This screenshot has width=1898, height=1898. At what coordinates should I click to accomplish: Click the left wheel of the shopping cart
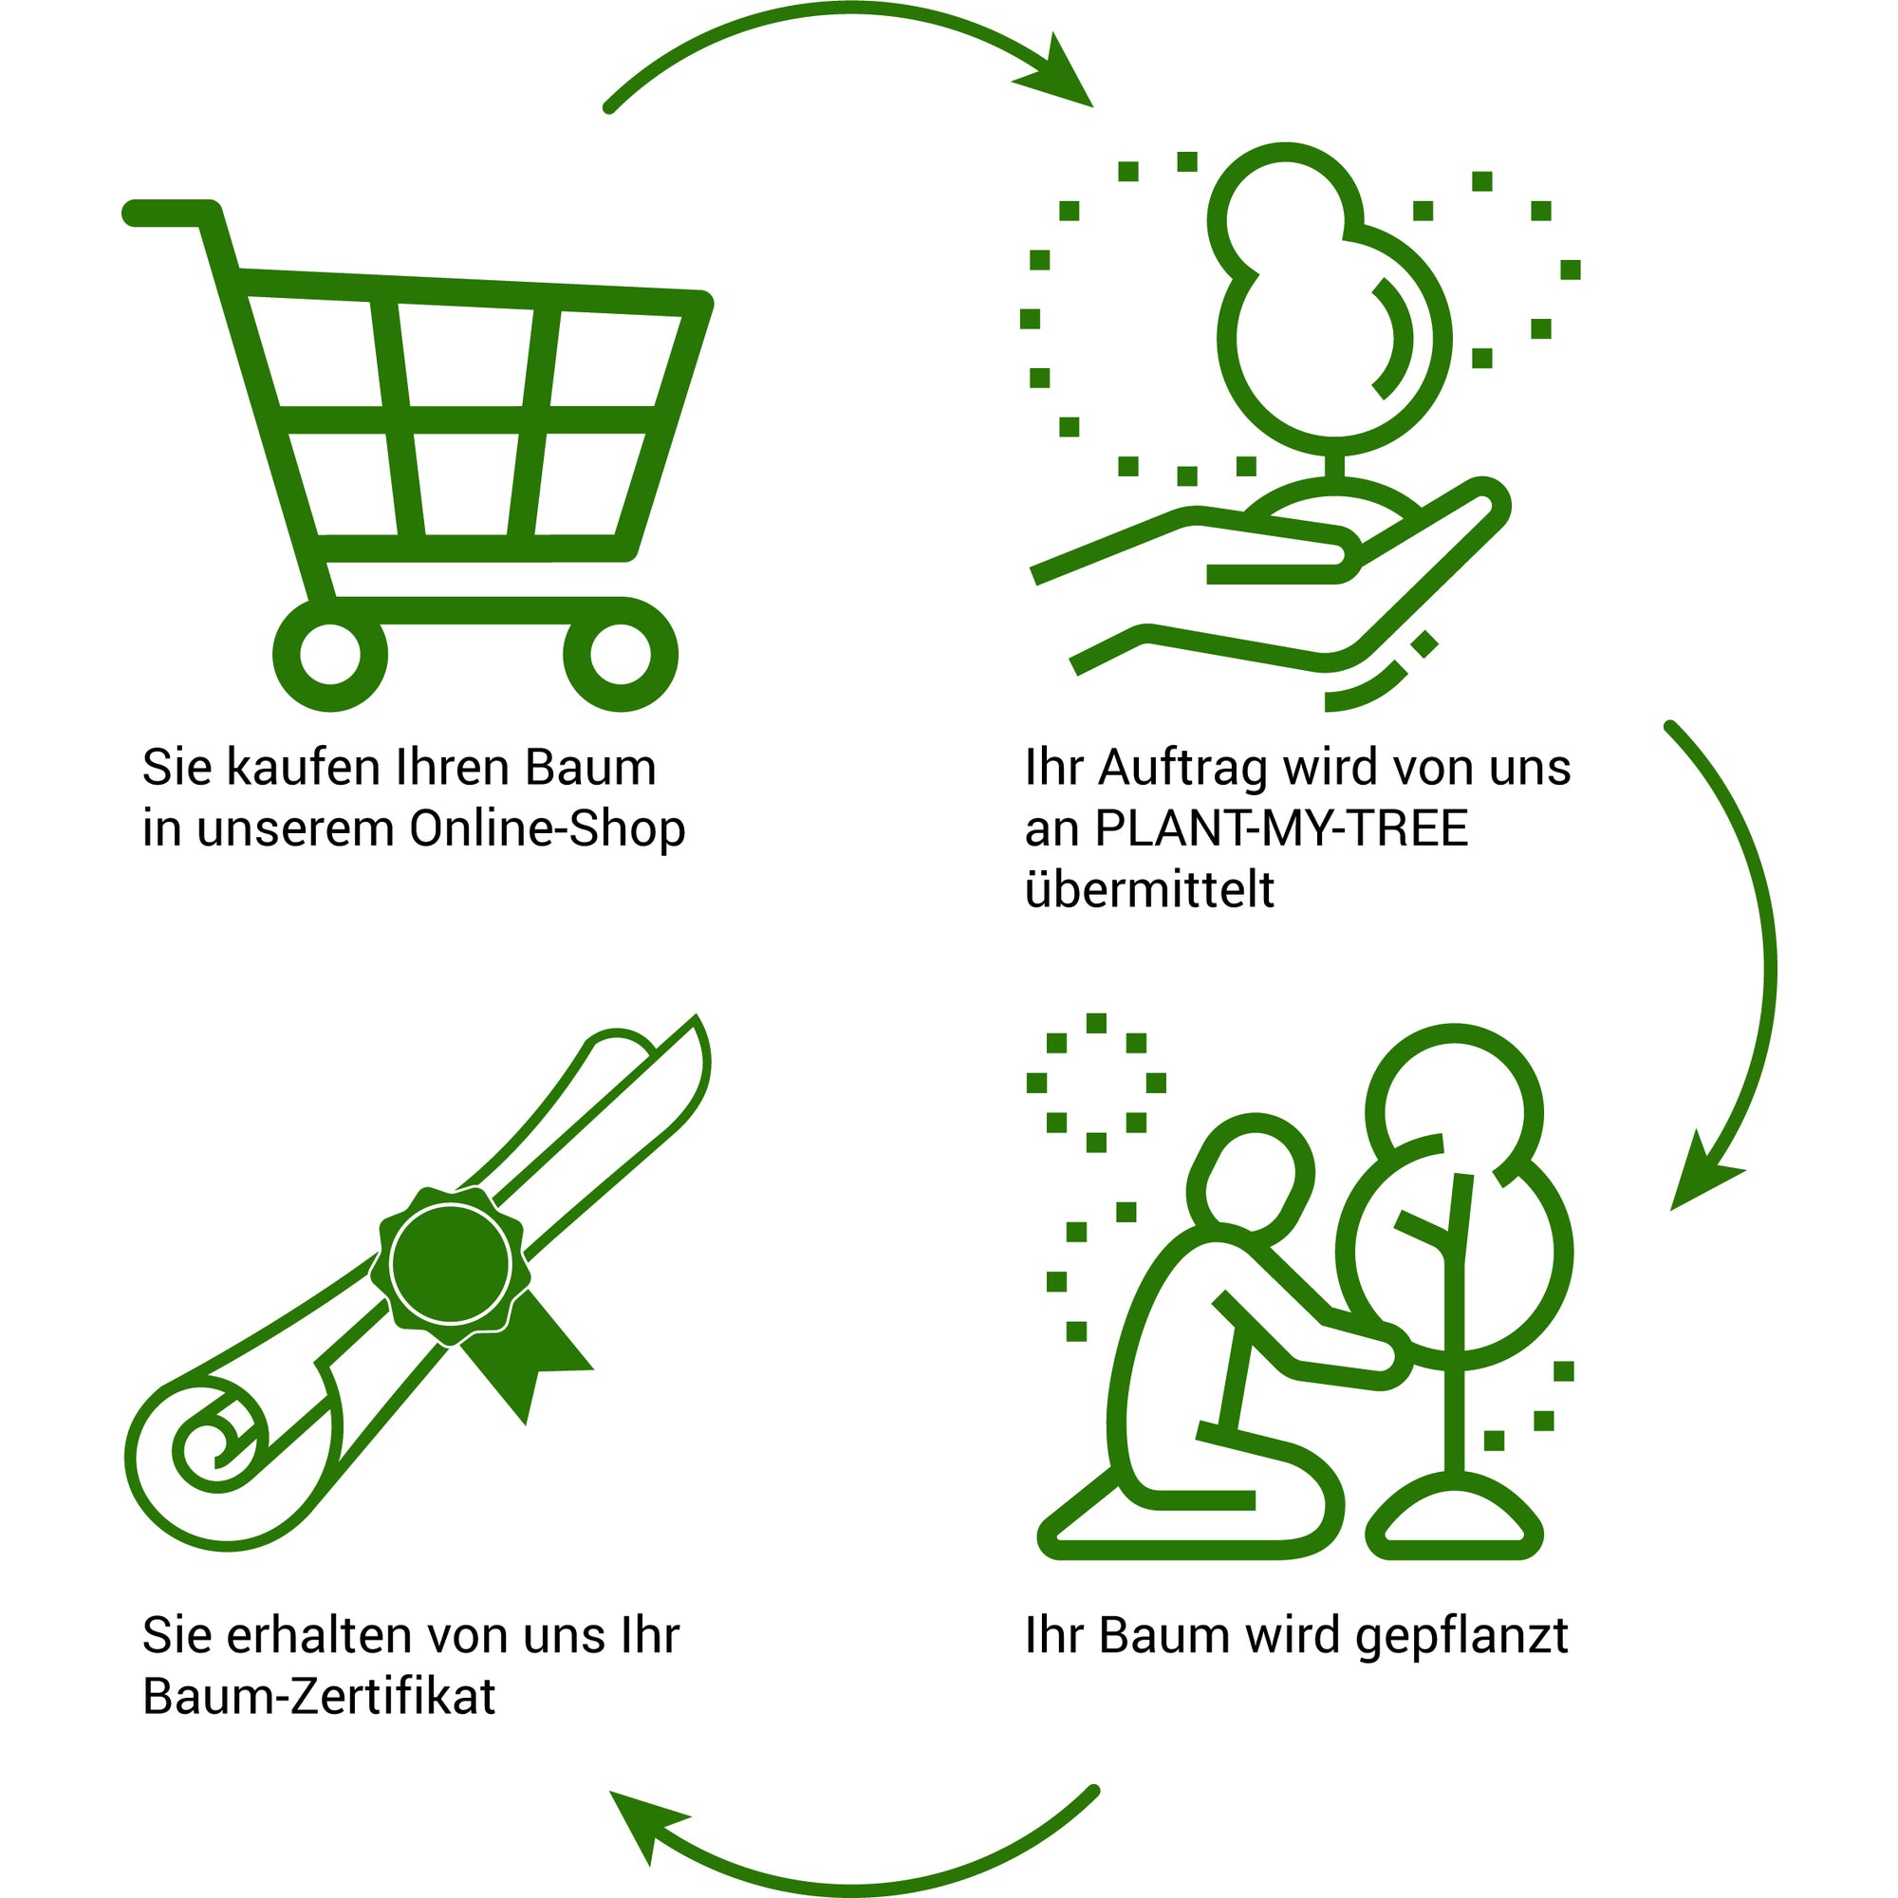[x=329, y=654]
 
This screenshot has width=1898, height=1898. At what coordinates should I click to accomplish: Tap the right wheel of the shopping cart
[x=620, y=654]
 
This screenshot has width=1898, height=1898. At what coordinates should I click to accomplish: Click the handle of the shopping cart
[x=167, y=213]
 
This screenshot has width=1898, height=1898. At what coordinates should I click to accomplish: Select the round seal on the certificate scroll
[x=450, y=1263]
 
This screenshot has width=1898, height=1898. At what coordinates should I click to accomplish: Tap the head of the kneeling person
[x=1250, y=1169]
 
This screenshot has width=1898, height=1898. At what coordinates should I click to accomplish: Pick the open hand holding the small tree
[x=1277, y=589]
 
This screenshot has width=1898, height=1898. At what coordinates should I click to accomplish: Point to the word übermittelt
[x=1149, y=889]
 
